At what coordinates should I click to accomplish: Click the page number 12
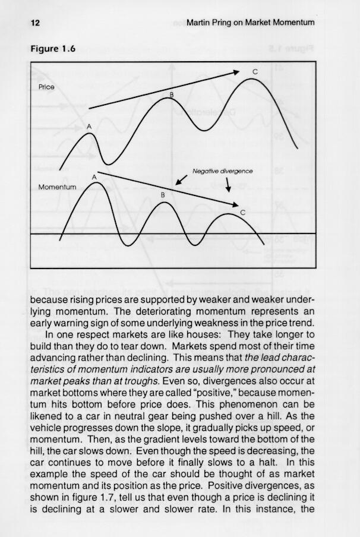tap(34, 23)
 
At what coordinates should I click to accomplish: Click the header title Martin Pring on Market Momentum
tap(250, 23)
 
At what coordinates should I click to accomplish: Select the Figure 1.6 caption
tap(53, 49)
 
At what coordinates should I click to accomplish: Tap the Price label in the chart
tap(46, 87)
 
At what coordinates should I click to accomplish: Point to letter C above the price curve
tap(255, 71)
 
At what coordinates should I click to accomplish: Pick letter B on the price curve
tap(172, 94)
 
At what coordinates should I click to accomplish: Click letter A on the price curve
tap(89, 127)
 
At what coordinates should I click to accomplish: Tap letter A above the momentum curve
tap(94, 176)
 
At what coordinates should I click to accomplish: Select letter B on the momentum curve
tap(162, 194)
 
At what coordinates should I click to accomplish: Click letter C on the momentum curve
tap(242, 212)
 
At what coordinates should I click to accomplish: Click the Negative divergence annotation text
tap(223, 172)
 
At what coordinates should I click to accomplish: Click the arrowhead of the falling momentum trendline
tap(235, 206)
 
